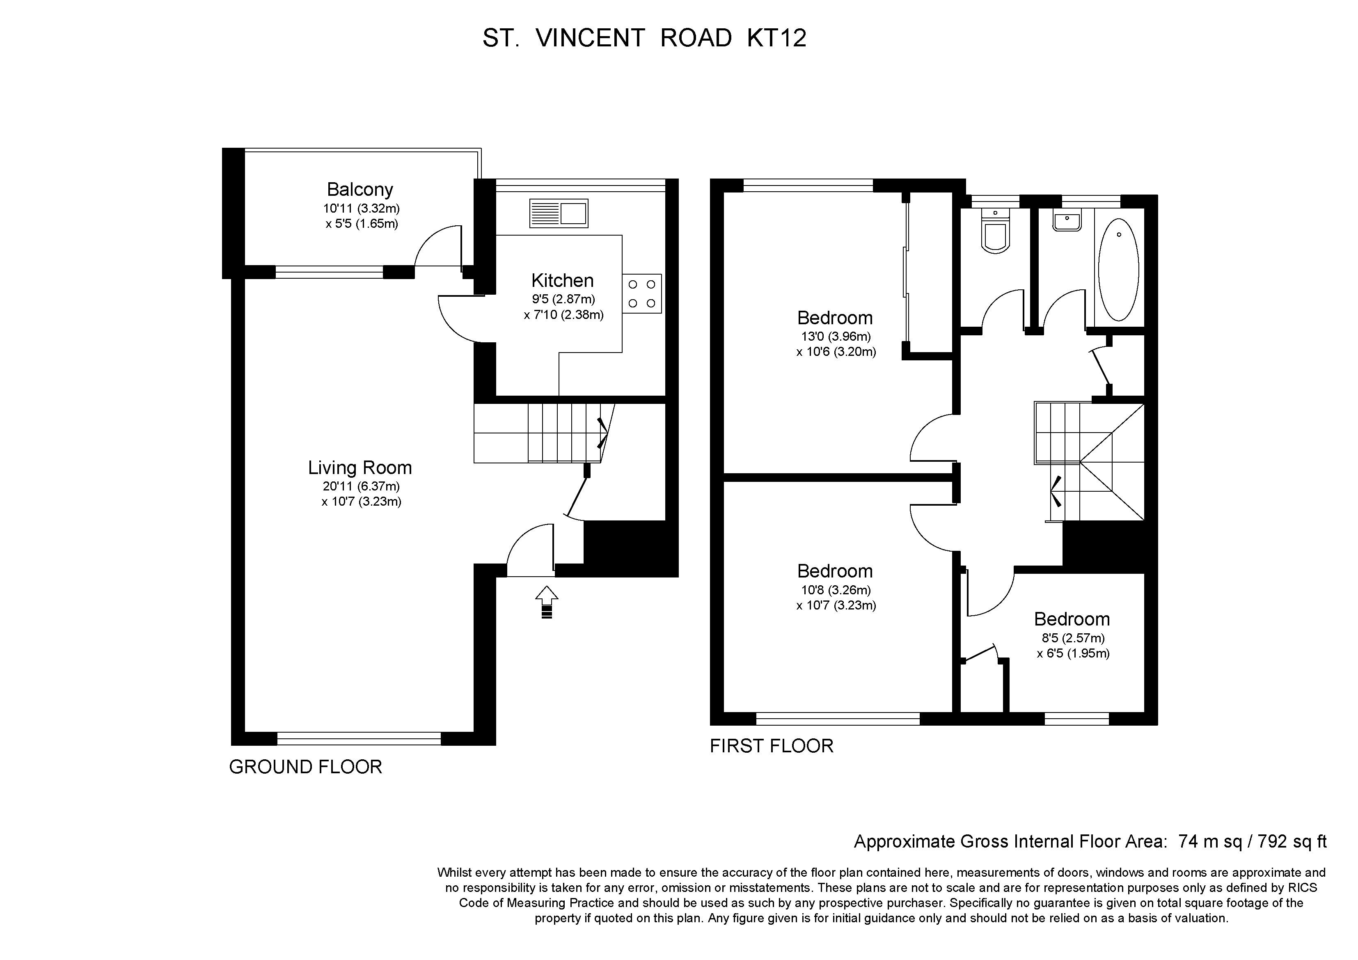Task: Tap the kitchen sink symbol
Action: tap(559, 213)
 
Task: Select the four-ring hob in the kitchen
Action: tap(642, 293)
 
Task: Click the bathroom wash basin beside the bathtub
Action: tap(1067, 221)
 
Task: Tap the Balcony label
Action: tap(360, 189)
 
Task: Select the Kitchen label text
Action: tap(563, 280)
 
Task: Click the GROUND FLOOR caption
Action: tap(306, 767)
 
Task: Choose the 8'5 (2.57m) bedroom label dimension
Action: tap(1073, 638)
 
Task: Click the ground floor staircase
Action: tap(544, 433)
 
